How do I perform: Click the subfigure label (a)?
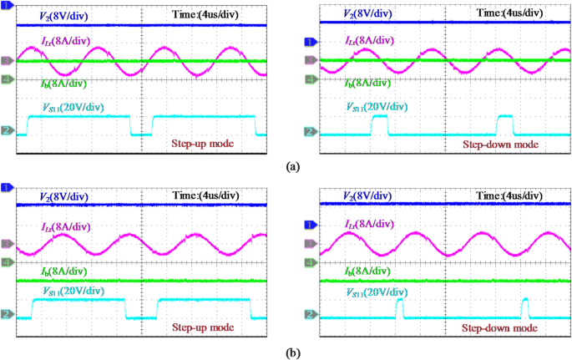[x=292, y=167]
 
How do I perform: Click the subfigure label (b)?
[x=292, y=352]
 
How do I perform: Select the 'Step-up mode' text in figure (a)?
[x=201, y=143]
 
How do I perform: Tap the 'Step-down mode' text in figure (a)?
[x=499, y=144]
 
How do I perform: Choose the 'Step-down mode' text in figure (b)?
[x=500, y=328]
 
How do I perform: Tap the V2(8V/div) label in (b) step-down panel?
[x=372, y=196]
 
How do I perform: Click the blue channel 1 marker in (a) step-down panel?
[x=310, y=42]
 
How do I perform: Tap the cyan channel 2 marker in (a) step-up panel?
[x=6, y=131]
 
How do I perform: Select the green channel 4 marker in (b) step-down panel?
[x=310, y=262]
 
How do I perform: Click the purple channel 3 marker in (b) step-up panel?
[x=6, y=244]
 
